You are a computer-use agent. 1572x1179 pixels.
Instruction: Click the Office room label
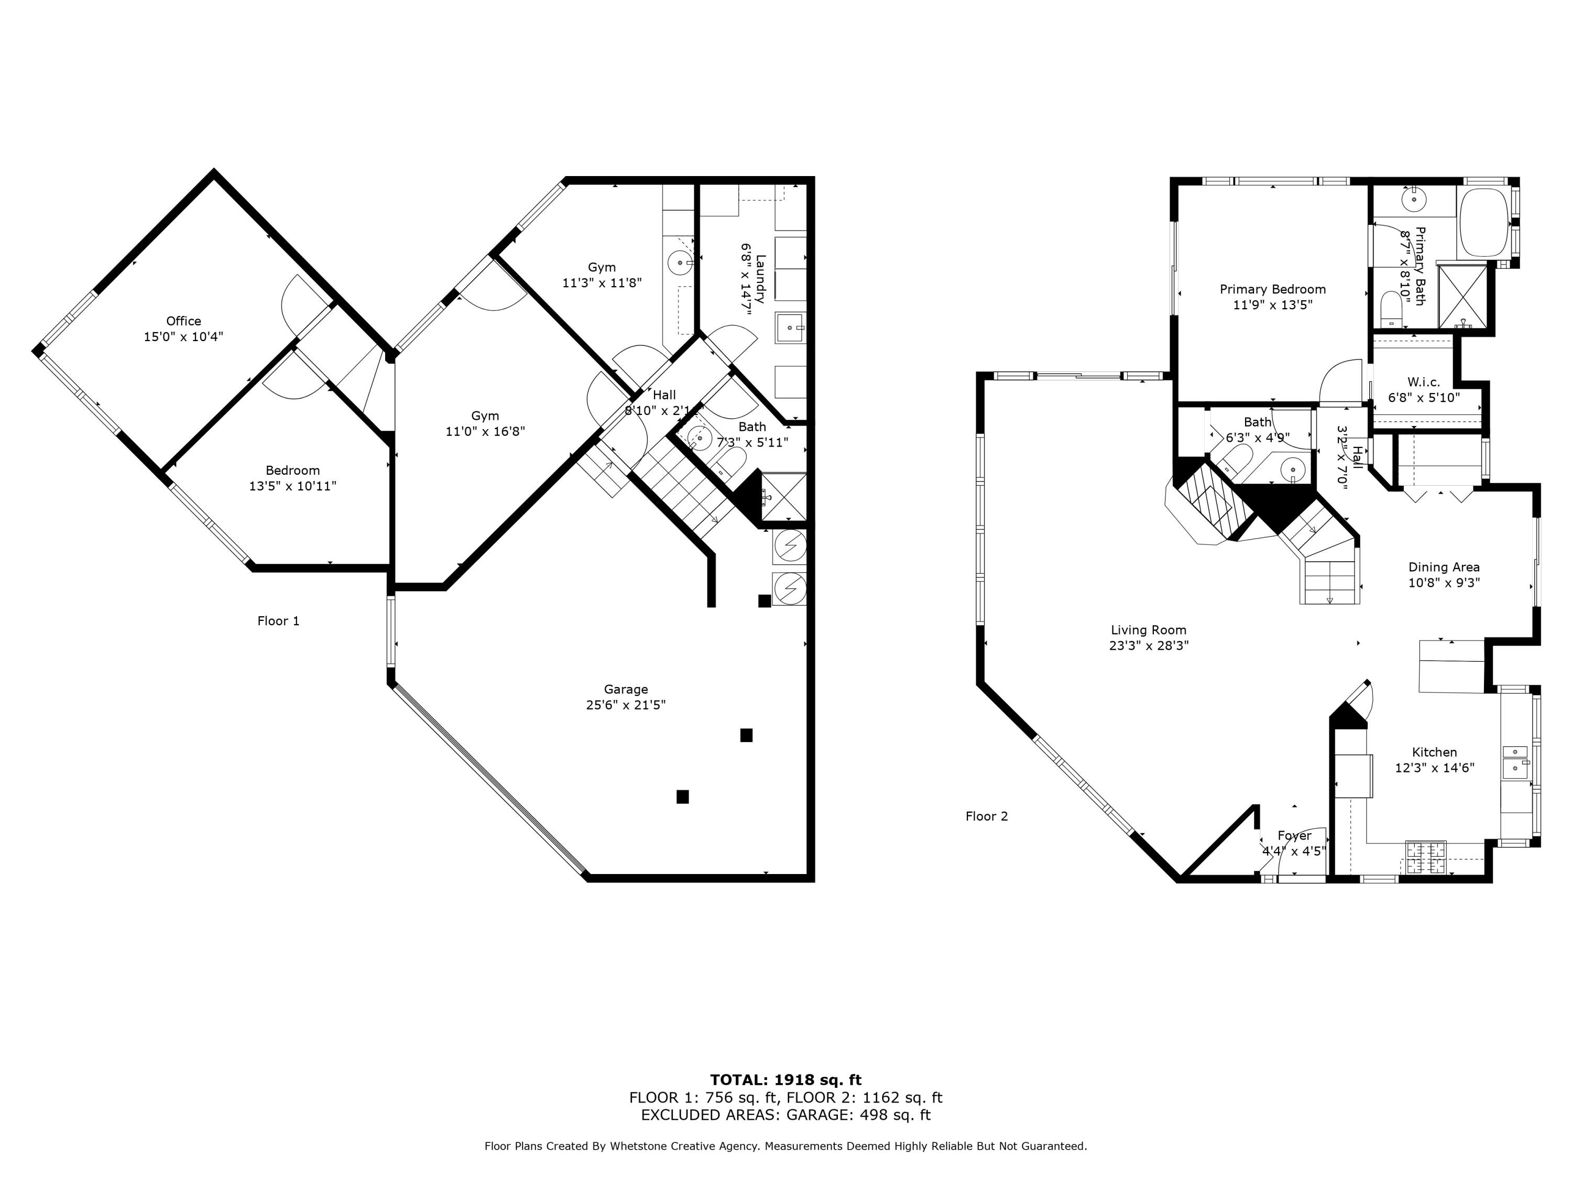tap(183, 321)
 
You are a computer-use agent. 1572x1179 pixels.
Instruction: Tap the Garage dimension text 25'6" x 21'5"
tap(625, 705)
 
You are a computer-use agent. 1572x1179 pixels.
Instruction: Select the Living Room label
tap(1149, 630)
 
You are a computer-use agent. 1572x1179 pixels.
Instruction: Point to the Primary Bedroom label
tap(1272, 289)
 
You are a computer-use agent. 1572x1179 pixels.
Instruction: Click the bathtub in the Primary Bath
tap(1483, 223)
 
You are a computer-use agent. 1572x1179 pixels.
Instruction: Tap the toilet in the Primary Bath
tap(1391, 309)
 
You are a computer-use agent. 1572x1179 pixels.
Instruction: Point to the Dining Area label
tap(1444, 567)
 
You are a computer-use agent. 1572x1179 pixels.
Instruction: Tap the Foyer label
tap(1294, 836)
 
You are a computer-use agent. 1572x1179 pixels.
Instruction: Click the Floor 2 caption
tap(986, 816)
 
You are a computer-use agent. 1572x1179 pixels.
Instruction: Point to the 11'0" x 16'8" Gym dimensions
tap(485, 431)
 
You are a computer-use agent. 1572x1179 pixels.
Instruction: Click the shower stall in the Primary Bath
tap(1462, 296)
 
